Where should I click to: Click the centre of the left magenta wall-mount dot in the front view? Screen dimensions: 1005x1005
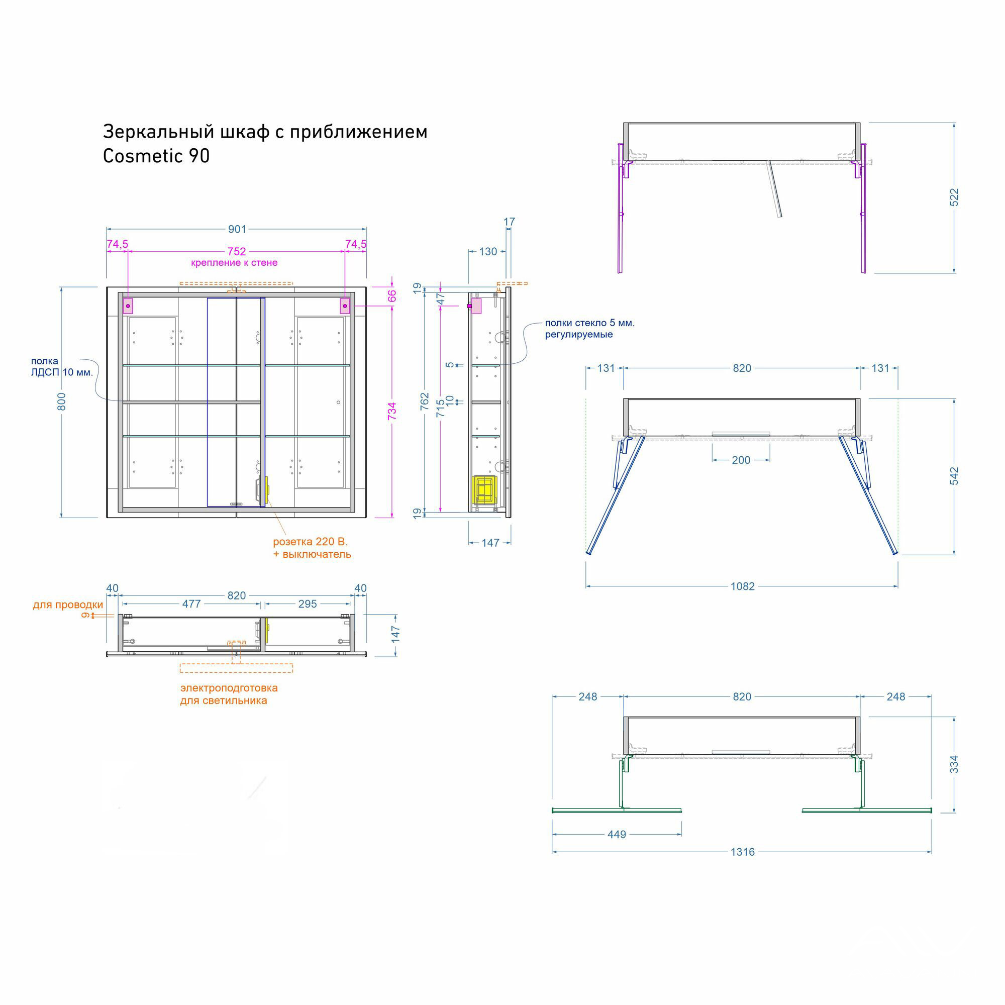coord(128,306)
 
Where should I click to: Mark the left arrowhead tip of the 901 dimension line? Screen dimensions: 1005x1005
coord(107,229)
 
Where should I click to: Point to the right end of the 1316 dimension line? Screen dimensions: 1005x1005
coord(932,852)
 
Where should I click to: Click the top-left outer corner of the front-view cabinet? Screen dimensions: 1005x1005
coord(107,287)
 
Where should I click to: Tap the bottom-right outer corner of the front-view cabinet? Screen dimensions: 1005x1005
coord(366,518)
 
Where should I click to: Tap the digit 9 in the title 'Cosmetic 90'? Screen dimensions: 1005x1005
coord(192,156)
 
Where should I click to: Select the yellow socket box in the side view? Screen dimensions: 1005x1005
coord(484,489)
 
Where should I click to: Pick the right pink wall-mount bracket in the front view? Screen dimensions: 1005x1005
coord(345,306)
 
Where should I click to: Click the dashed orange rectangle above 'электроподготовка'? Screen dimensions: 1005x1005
coord(236,668)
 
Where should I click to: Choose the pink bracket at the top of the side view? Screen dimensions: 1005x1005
coord(475,306)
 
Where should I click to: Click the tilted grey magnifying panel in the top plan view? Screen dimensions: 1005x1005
coord(774,188)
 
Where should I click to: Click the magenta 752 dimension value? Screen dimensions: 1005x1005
coord(237,252)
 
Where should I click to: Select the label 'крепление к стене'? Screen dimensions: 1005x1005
coord(234,263)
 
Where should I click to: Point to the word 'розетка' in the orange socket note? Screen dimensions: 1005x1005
coord(292,542)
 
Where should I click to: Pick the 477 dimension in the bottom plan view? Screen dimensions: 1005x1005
coord(191,604)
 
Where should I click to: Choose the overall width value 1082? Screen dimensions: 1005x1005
coord(742,586)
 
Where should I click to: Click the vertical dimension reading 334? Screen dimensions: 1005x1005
coord(954,764)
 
